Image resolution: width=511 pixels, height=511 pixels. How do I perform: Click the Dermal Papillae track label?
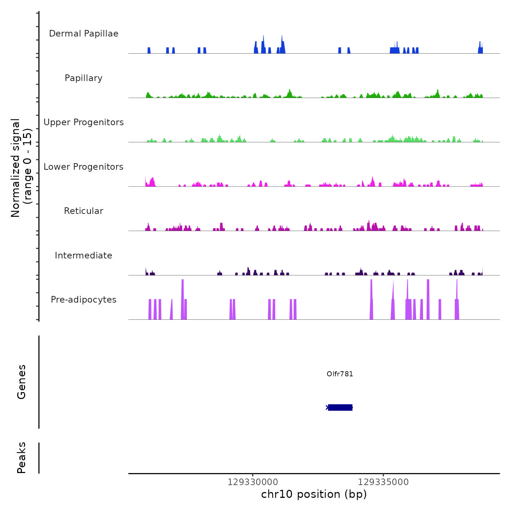click(x=84, y=34)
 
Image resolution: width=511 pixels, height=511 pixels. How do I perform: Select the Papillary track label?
click(x=84, y=78)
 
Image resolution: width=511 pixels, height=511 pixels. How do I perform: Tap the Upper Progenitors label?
click(x=84, y=122)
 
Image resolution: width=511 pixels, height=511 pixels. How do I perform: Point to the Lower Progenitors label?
click(x=84, y=167)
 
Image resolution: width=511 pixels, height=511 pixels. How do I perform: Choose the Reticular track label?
click(x=84, y=211)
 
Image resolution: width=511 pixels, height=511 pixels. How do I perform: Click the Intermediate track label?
click(x=84, y=255)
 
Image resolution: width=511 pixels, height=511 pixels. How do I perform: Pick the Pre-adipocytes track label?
click(x=84, y=300)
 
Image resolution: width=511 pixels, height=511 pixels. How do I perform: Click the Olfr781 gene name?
click(x=340, y=374)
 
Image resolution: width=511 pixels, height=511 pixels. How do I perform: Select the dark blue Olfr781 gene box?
click(x=340, y=407)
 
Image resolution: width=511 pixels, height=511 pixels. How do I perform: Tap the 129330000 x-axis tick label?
click(x=253, y=482)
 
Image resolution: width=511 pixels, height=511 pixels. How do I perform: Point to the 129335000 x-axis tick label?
click(x=383, y=482)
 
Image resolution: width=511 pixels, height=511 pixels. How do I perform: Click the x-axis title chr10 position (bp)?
click(x=314, y=494)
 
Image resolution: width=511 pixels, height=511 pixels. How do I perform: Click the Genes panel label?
click(x=22, y=382)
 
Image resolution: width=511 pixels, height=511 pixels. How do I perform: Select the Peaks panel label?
click(x=22, y=458)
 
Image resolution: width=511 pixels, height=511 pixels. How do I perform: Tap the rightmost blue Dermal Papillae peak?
click(x=480, y=48)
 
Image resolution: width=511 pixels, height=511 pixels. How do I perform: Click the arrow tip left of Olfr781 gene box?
click(x=327, y=407)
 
